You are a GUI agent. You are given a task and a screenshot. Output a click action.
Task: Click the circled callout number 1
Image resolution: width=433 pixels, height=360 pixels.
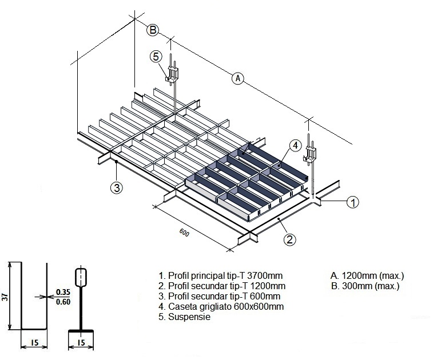click(353, 202)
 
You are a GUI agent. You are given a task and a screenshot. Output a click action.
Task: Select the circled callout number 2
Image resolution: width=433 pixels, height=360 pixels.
click(291, 239)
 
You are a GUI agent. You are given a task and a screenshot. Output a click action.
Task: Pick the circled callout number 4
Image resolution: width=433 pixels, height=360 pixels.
click(294, 146)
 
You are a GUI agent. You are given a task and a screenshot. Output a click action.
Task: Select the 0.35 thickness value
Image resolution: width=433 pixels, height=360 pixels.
click(63, 293)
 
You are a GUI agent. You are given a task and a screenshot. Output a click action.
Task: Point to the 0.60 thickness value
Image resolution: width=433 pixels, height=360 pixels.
click(63, 302)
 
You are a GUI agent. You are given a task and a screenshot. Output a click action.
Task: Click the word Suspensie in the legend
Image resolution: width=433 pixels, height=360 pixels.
click(189, 317)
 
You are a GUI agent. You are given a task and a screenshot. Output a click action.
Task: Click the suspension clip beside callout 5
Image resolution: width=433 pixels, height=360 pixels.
click(173, 73)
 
